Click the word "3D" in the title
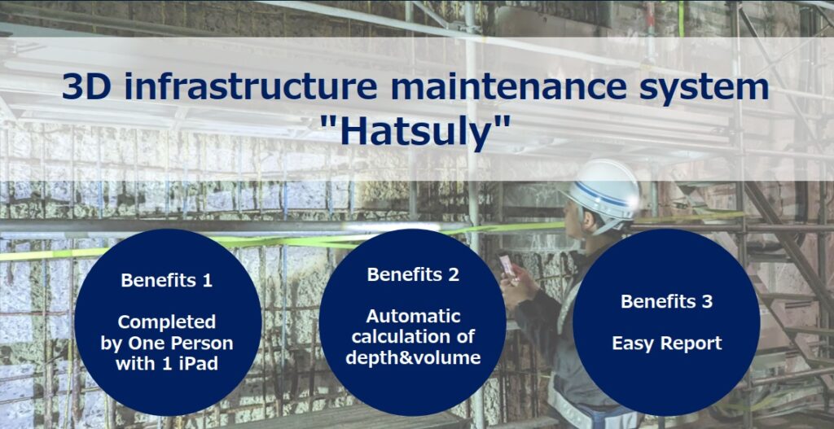(x=86, y=87)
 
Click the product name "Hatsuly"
(x=417, y=129)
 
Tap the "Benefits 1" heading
(x=166, y=280)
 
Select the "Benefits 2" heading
(x=413, y=275)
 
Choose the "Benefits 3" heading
(x=666, y=301)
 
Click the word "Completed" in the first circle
(x=166, y=322)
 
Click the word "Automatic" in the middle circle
(x=413, y=317)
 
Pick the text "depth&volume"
(x=413, y=357)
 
